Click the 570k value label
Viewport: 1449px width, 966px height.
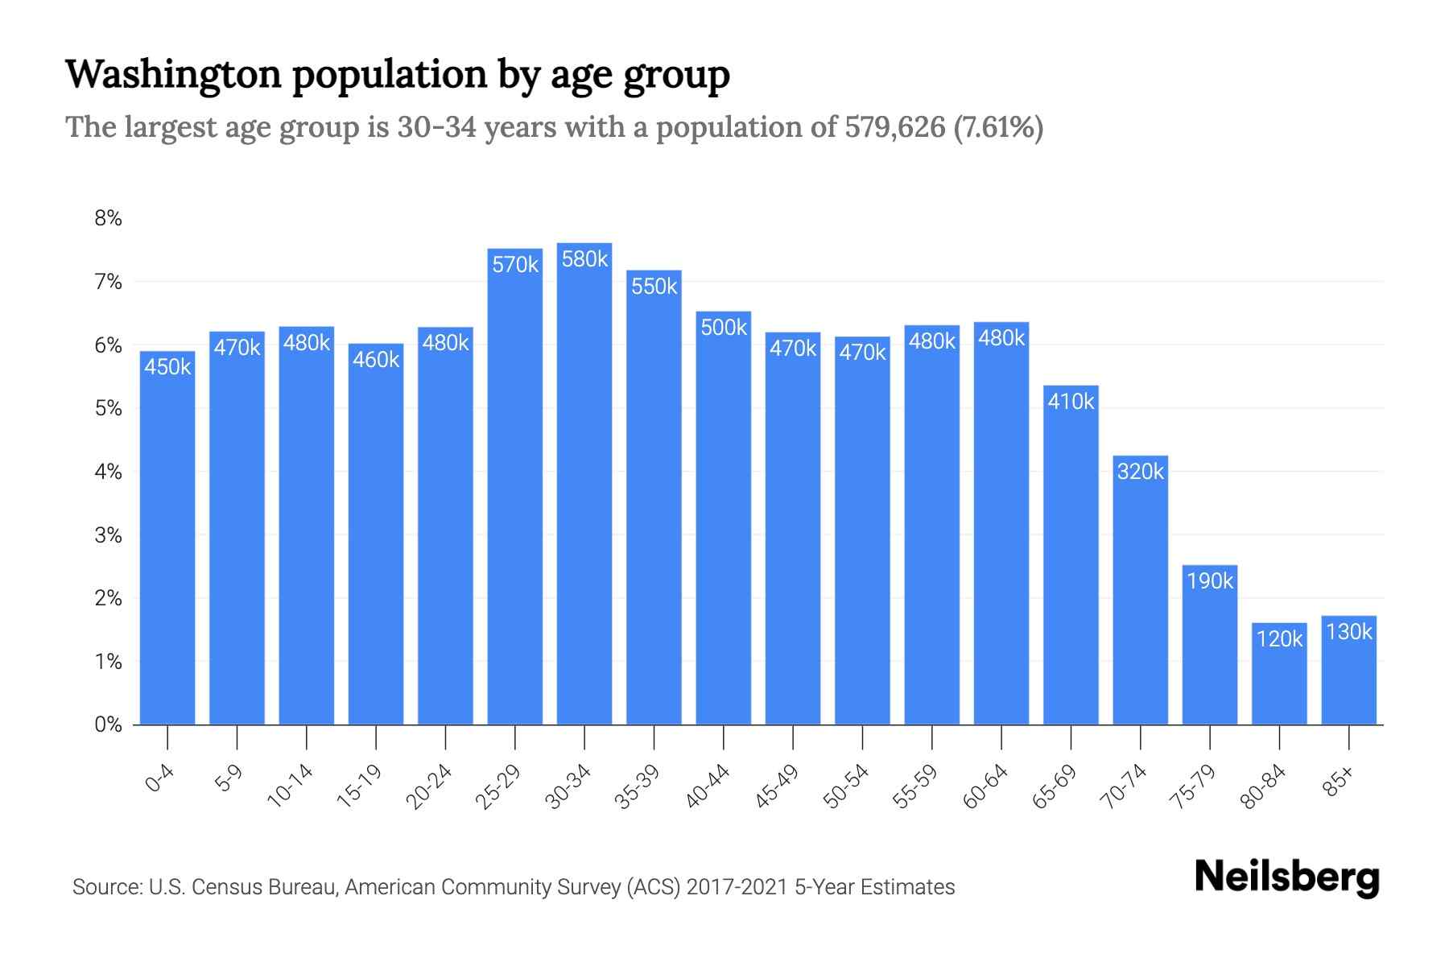[x=515, y=264]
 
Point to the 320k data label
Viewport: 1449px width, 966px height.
[x=1140, y=471]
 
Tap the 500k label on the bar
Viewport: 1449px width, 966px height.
[x=724, y=327]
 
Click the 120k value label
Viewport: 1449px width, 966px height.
[x=1279, y=638]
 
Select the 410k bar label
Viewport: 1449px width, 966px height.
[x=1071, y=401]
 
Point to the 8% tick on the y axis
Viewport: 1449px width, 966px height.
[x=109, y=218]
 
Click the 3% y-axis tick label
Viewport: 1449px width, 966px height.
[x=109, y=535]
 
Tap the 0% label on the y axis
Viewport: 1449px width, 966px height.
[x=109, y=724]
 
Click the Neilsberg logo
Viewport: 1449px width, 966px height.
[x=1286, y=877]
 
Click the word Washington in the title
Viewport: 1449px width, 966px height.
[x=173, y=74]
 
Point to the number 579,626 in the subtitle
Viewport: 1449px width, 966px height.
[x=894, y=127]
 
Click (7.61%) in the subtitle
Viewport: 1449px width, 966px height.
[x=998, y=127]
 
